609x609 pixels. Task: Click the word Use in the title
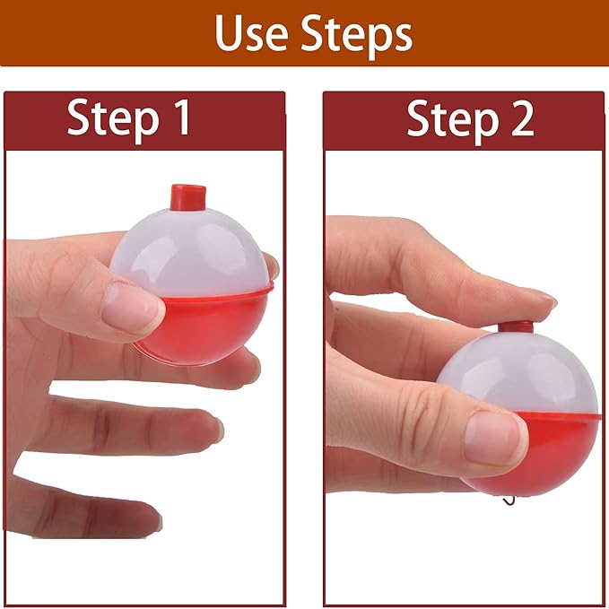coord(252,33)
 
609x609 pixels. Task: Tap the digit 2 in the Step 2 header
coord(518,119)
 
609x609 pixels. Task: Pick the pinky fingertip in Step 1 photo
coord(152,518)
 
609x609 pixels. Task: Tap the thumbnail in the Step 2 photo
coord(493,437)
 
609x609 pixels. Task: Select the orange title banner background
coord(90,33)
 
